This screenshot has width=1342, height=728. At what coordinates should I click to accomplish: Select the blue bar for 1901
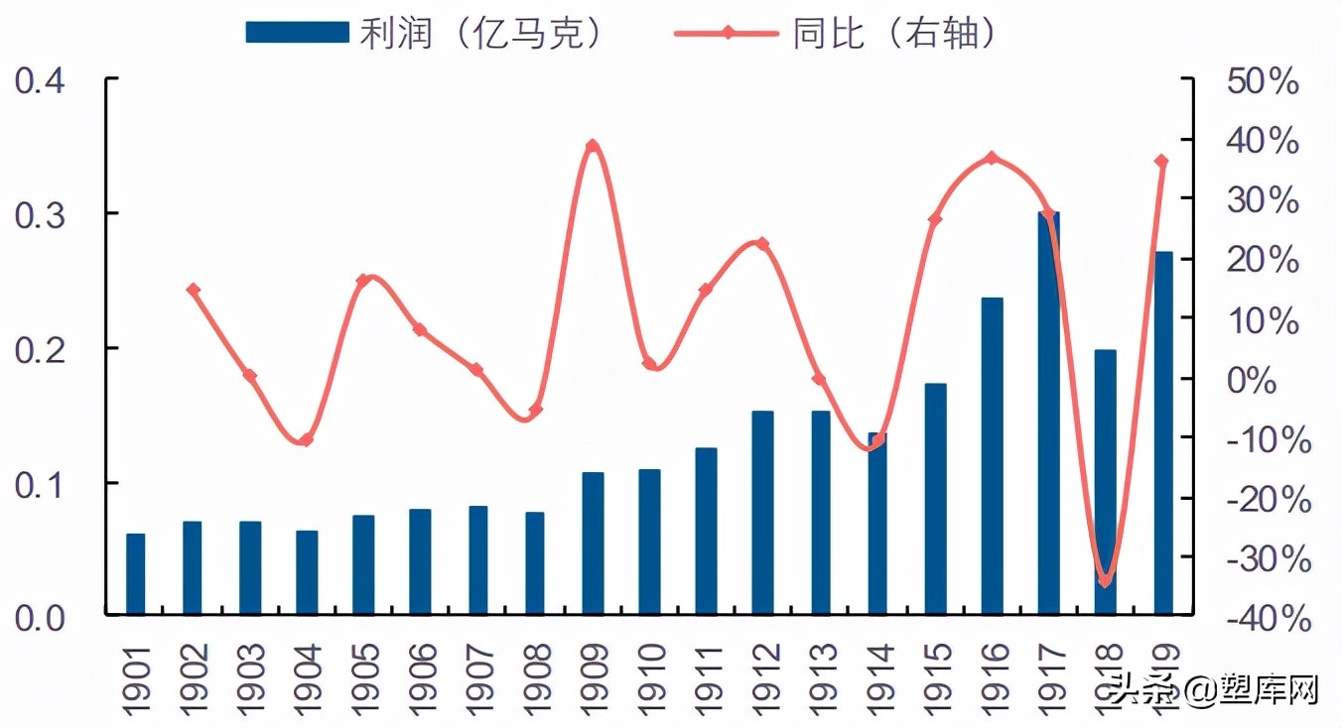pyautogui.click(x=136, y=574)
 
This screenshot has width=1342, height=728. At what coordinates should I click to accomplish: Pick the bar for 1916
pyautogui.click(x=993, y=456)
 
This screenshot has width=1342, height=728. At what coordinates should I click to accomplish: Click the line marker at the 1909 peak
pyautogui.click(x=593, y=146)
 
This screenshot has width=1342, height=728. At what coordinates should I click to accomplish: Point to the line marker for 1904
pyautogui.click(x=307, y=439)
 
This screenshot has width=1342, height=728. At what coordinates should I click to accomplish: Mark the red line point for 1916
pyautogui.click(x=993, y=158)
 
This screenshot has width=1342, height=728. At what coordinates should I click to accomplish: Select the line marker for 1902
pyautogui.click(x=194, y=290)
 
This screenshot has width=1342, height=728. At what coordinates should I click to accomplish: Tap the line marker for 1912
pyautogui.click(x=762, y=243)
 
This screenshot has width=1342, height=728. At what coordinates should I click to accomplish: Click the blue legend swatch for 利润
pyautogui.click(x=297, y=33)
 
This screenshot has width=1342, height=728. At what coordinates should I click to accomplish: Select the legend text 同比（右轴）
pyautogui.click(x=893, y=33)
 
